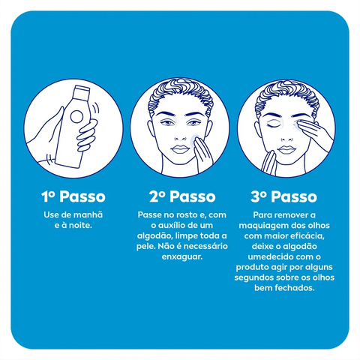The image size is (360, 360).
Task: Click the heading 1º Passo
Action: coord(73,196)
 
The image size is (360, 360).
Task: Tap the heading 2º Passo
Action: coord(182,196)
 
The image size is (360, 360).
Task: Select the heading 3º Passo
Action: coord(284,196)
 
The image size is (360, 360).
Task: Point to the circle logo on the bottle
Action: coord(76,117)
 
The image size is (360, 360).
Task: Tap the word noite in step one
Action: coord(80,225)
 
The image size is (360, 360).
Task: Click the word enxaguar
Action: coord(182,257)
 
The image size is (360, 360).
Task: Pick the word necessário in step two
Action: coord(205,246)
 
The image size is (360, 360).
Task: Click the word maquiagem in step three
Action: coord(261,226)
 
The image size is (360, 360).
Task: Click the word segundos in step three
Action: coord(254,277)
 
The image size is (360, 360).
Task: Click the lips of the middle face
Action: coord(180,149)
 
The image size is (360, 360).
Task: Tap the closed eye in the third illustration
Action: coord(273,125)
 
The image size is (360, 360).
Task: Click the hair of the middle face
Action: coord(181,96)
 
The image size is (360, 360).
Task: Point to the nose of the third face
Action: coord(286,137)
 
